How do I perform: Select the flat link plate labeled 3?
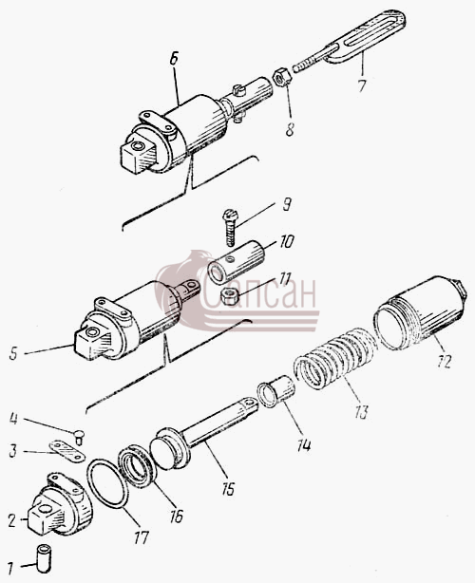coord(67,451)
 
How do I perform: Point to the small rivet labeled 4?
coord(80,436)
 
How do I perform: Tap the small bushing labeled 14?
coord(277,391)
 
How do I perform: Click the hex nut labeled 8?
coord(282,76)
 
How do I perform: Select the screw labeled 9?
coord(230,227)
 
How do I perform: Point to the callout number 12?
coord(444,361)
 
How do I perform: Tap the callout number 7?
coord(362,85)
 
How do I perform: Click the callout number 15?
coord(228,489)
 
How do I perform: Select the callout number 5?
coord(13,353)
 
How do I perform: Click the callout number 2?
coord(12,521)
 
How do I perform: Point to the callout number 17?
coord(141,537)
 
